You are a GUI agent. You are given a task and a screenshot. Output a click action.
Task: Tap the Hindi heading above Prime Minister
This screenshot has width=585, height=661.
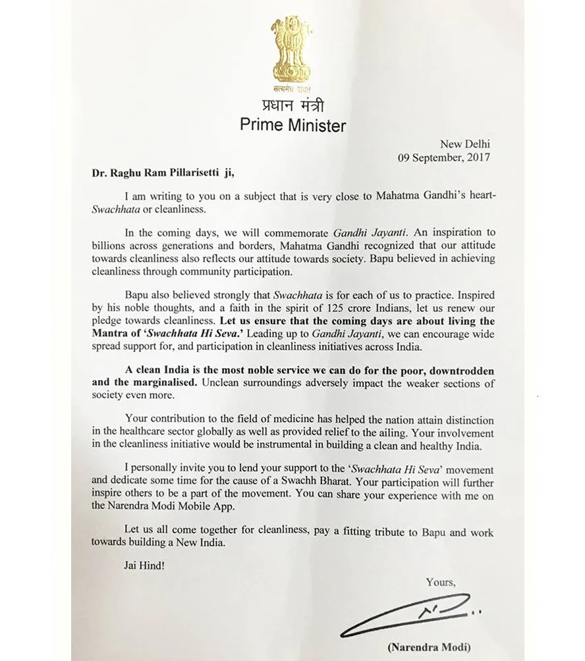click(292, 105)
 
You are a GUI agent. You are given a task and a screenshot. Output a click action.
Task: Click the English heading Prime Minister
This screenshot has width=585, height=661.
click(292, 124)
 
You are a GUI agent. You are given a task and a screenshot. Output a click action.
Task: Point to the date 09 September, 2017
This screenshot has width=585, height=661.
click(443, 157)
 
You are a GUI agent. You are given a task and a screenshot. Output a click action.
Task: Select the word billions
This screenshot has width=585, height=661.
click(109, 246)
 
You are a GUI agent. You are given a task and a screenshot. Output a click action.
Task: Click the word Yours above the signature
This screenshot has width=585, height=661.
click(440, 582)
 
